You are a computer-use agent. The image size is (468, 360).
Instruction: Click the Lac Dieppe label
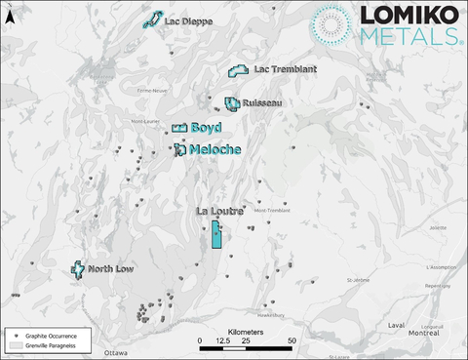[188, 20]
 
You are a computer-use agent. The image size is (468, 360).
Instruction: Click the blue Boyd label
[207, 128]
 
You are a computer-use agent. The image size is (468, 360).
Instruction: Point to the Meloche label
[215, 149]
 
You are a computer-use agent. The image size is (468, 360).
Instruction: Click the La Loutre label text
[218, 211]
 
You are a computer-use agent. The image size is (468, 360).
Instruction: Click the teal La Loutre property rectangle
[215, 235]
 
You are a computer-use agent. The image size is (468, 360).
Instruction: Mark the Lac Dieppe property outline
[152, 20]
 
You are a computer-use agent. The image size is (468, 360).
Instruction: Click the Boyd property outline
[179, 129]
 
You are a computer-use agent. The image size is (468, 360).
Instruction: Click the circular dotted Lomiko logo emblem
[334, 26]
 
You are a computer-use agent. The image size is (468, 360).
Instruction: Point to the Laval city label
[396, 325]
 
